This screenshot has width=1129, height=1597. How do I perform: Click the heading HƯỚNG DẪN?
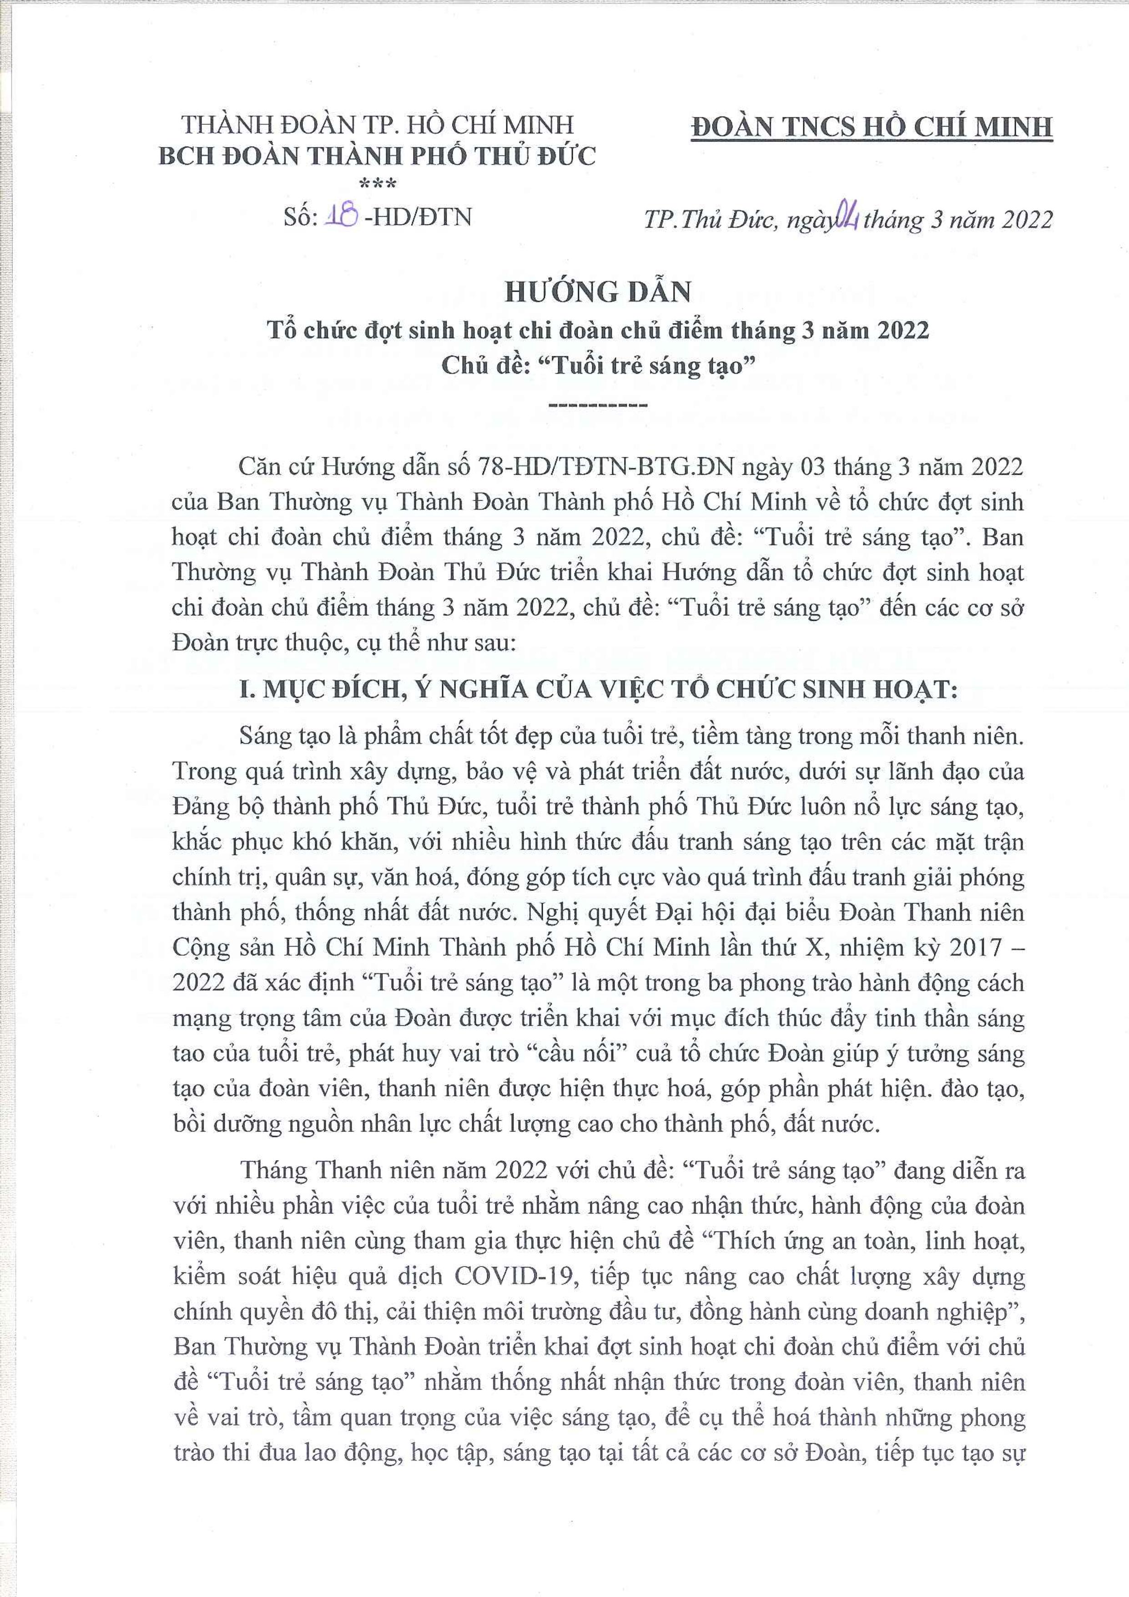coord(598,292)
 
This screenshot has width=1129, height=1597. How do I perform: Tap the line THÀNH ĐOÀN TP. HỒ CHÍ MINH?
coord(378,125)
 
